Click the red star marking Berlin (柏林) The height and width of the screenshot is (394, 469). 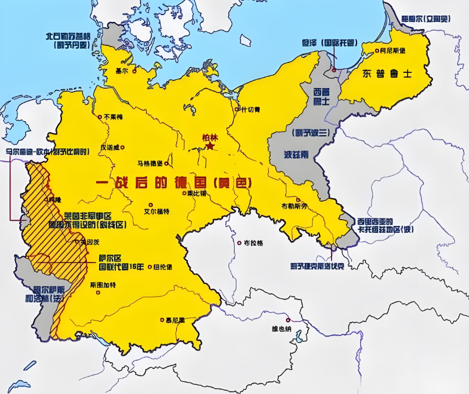tap(210, 147)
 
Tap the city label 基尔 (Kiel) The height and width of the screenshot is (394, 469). tap(122, 71)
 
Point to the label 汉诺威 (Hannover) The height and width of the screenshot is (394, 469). tap(112, 147)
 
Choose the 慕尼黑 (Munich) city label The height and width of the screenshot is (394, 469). tap(174, 320)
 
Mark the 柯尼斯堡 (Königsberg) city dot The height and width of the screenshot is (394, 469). tap(375, 51)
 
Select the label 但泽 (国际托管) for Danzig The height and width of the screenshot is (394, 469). tap(328, 42)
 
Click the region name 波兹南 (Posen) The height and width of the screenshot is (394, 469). tap(298, 155)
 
